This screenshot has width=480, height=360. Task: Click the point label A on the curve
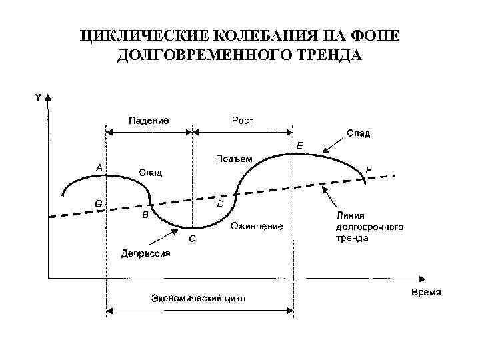[x=99, y=168]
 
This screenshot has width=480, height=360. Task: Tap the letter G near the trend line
[x=99, y=203]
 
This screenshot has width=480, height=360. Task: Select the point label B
[x=146, y=215]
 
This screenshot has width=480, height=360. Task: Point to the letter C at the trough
[x=192, y=238]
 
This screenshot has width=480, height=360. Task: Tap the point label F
[x=369, y=170]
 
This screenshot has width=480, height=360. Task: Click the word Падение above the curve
[x=149, y=121]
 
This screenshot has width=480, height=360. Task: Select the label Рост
[x=243, y=121]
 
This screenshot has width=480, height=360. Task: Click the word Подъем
[x=234, y=159]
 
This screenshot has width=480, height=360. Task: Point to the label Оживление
[x=257, y=226]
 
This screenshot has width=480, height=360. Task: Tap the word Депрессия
[x=146, y=253]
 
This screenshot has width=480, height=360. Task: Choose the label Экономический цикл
[x=198, y=298]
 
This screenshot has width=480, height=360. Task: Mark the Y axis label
[x=38, y=97]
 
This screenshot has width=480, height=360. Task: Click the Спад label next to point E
[x=358, y=133]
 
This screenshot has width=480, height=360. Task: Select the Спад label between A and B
[x=151, y=173]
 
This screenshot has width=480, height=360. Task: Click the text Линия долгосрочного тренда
[x=368, y=227]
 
